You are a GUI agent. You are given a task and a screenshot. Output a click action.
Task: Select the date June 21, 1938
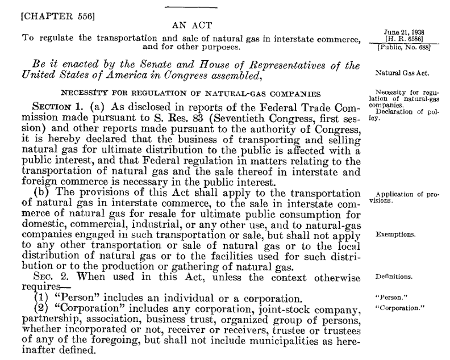399,32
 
